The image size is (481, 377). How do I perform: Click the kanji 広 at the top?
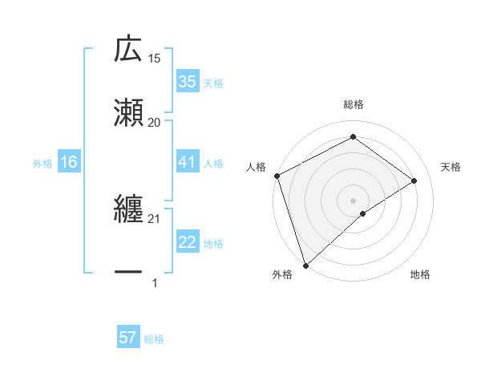pos(128,50)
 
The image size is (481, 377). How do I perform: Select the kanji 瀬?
pos(128,112)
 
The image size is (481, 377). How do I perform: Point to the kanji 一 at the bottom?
pos(128,274)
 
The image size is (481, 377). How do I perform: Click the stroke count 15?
pos(155,59)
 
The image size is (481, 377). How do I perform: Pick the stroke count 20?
pos(155,122)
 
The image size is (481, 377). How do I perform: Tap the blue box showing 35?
pos(187,82)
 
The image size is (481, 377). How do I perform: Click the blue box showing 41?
pos(187,162)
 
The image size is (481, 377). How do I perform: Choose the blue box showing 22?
pos(187,243)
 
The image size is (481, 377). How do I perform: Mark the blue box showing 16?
pos(69,163)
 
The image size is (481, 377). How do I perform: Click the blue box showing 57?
pos(128,338)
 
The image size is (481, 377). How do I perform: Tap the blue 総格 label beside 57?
pos(154,339)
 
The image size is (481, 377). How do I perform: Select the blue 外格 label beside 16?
pos(42,164)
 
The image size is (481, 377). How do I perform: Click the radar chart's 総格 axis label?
pos(354,104)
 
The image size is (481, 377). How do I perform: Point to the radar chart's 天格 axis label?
pos(451,167)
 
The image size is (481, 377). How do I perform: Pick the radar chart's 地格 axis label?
pos(420,275)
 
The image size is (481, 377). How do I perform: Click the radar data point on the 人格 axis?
pos(277,176)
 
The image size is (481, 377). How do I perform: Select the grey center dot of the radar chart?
pos(354,200)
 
